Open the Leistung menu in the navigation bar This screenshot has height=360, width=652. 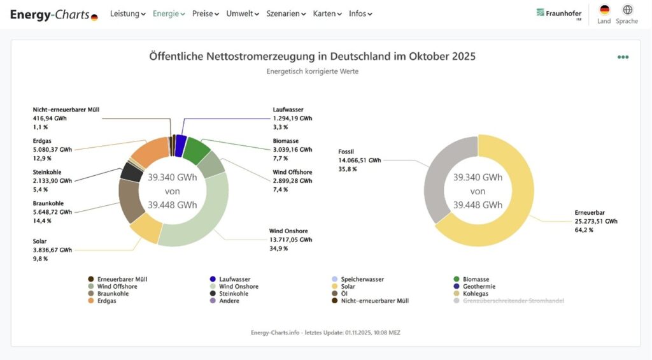click(127, 13)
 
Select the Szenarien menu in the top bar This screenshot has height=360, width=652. click(286, 13)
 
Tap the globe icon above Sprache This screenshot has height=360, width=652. click(627, 10)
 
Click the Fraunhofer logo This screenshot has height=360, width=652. click(558, 13)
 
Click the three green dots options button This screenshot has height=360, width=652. click(623, 57)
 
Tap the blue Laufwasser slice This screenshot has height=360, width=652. click(181, 145)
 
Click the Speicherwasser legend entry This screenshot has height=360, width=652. click(362, 279)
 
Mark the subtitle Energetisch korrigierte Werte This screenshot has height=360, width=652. click(312, 71)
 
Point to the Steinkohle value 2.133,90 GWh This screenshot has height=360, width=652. click(52, 181)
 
